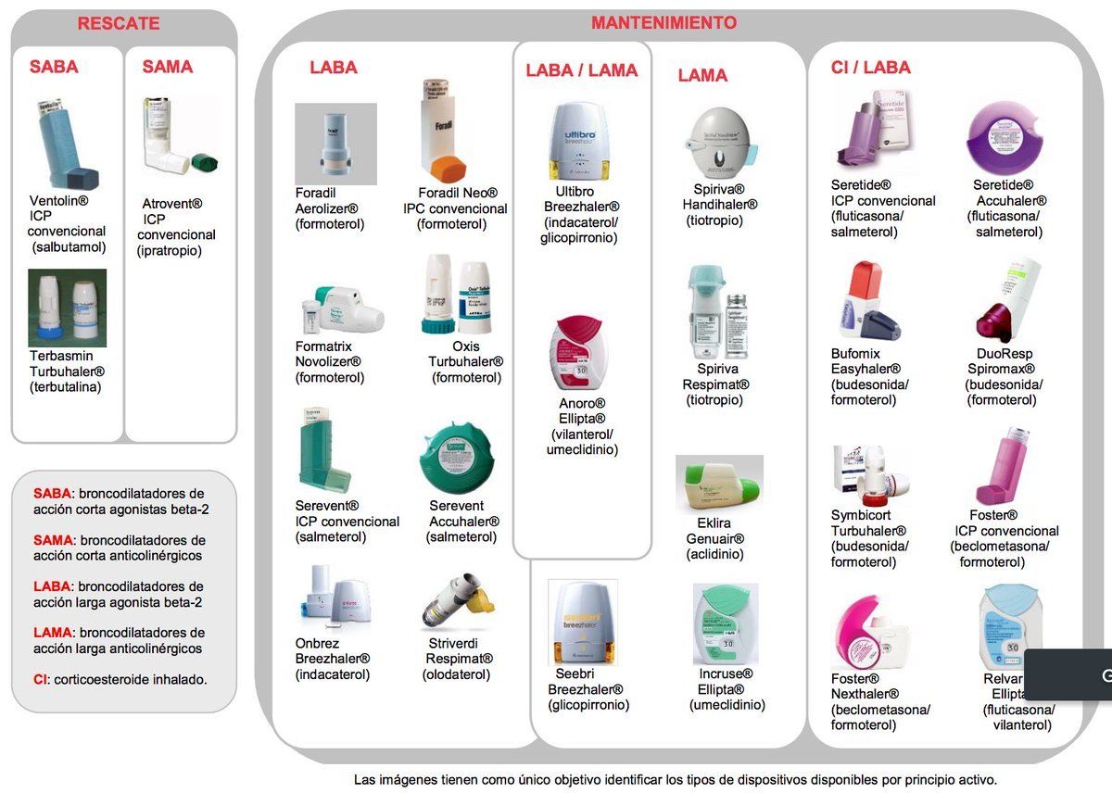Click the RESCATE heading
click(119, 24)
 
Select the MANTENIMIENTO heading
click(663, 23)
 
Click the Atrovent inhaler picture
click(176, 138)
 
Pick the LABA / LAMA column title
click(582, 70)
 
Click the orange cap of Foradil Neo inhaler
click(449, 169)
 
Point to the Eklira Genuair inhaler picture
click(719, 484)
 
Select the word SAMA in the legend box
click(54, 540)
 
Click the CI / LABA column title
click(870, 68)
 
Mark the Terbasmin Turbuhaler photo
click(67, 308)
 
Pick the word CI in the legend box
click(41, 679)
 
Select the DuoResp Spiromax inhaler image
click(1006, 301)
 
